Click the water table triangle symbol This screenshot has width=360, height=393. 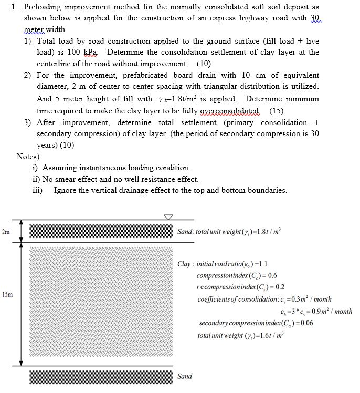(x=168, y=217)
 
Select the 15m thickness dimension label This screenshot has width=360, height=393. (x=6, y=294)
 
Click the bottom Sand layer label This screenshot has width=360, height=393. (x=185, y=376)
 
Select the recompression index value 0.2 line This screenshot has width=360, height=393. (x=240, y=287)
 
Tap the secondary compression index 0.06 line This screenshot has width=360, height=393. (x=256, y=323)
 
